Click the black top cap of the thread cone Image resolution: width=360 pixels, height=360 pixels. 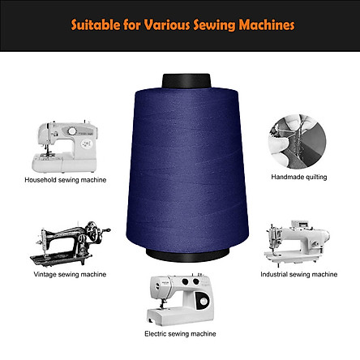tap(186, 80)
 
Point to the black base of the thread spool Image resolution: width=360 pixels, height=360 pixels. tap(187, 255)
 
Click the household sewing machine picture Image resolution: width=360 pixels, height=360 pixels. tap(65, 147)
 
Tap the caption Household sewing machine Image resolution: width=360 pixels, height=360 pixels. tap(66, 180)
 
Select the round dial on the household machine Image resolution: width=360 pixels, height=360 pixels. tap(72, 131)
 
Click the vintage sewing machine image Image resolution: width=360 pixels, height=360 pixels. tap(70, 243)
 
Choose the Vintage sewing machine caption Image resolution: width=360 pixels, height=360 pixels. tap(70, 275)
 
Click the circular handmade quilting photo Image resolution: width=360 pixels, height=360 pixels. tap(298, 142)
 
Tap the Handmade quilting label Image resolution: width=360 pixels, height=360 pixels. tap(299, 178)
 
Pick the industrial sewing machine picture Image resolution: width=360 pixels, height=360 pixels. tap(297, 242)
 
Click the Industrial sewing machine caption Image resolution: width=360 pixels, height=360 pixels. tap(299, 275)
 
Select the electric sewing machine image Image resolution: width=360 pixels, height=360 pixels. tap(180, 299)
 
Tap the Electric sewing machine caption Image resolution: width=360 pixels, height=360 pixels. tap(180, 334)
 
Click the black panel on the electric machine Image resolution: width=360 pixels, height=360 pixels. tap(203, 301)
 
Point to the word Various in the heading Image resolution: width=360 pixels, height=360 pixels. tap(167, 25)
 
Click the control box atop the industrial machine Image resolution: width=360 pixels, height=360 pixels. tap(300, 225)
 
